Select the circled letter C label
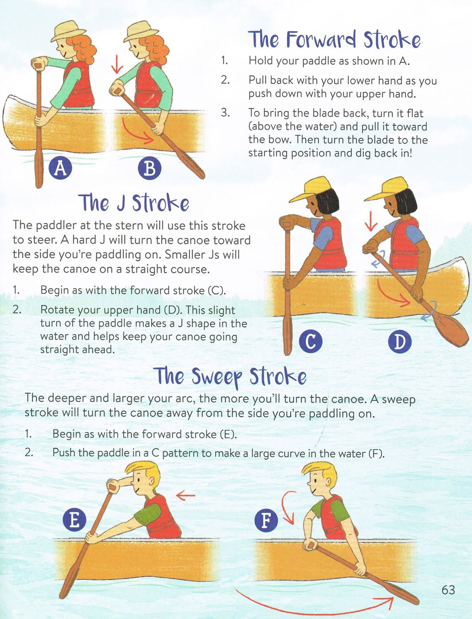(x=310, y=342)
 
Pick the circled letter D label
(x=400, y=342)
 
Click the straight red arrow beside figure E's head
(x=186, y=494)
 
